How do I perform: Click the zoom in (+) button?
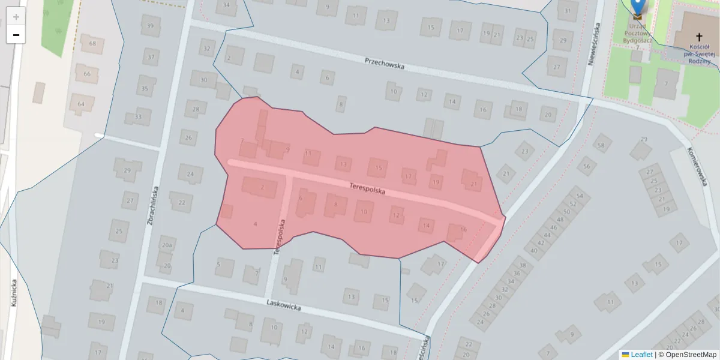(16, 17)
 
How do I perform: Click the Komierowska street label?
(698, 167)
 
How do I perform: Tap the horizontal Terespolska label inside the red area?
(367, 189)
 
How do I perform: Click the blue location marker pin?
(638, 6)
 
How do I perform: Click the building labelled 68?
(92, 43)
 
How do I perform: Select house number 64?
(81, 104)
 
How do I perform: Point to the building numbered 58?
(601, 145)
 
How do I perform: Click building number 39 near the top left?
(150, 26)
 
